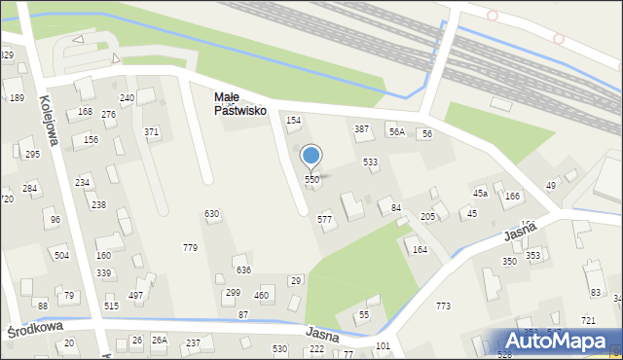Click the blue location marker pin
[x=311, y=156]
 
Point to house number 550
[x=311, y=180]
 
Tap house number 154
[x=293, y=120]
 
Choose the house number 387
[x=361, y=129]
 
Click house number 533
[x=370, y=162]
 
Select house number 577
[x=325, y=220]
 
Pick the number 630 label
[x=211, y=214]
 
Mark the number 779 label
[x=190, y=248]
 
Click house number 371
[x=152, y=131]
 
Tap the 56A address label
[x=396, y=131]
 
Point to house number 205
[x=427, y=216]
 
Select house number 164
[x=420, y=250]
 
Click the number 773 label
[x=443, y=306]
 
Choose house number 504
[x=61, y=256]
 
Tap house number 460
[x=261, y=295]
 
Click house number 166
[x=512, y=198]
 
